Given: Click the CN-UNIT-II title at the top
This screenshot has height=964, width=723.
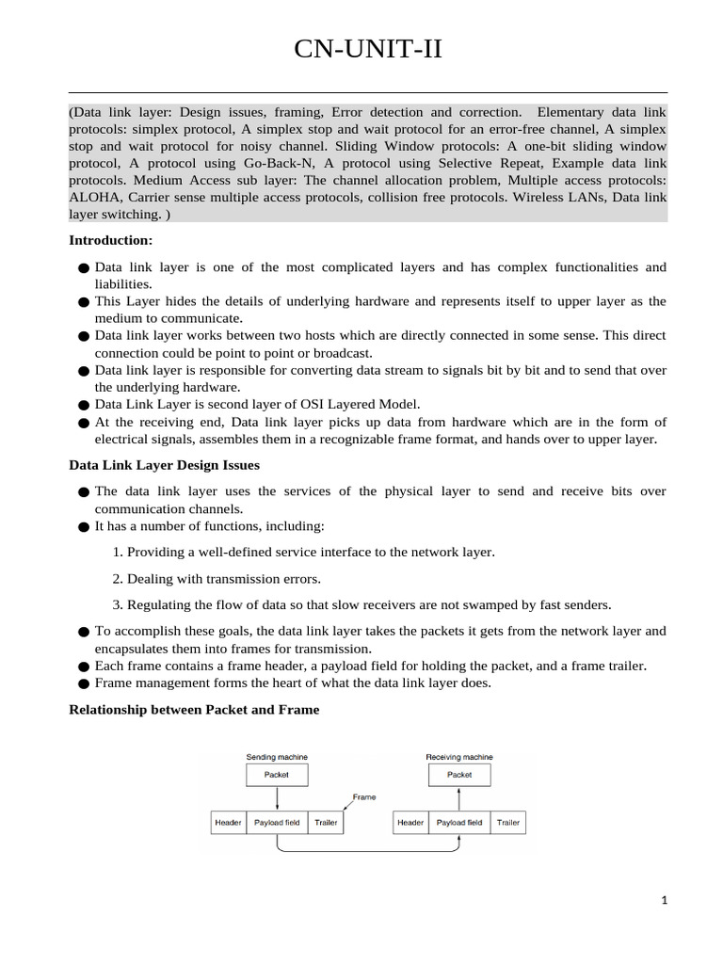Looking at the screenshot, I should coord(367,49).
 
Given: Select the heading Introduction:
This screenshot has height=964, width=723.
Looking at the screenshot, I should coord(111,240).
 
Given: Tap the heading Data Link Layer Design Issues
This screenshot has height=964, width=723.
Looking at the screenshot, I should coord(165,465).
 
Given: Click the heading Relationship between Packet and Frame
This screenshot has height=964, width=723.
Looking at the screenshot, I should coord(194,710).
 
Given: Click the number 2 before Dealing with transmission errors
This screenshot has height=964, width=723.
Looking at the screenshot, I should coord(116,579).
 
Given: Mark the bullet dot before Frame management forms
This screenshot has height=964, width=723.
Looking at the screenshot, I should coord(84,684).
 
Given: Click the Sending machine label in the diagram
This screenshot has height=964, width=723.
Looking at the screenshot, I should coord(277,757).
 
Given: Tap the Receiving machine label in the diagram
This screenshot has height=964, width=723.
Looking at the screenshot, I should coord(459,757).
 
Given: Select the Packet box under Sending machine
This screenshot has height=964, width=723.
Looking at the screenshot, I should coord(277,775).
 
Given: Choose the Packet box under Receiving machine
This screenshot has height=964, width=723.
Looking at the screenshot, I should coord(459,775).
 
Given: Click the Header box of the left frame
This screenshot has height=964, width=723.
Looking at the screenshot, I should coord(228,822).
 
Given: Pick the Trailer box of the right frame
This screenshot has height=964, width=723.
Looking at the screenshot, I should coord(508,822).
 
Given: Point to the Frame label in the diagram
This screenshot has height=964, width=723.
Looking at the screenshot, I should coord(363,796).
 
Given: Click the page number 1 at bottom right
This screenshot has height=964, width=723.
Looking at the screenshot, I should coord(664,901).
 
